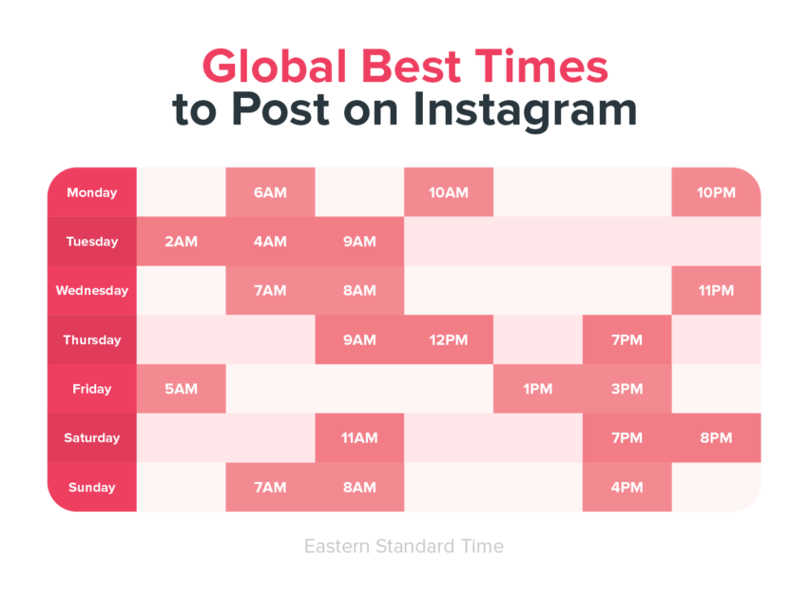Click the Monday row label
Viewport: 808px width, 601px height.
coord(91,192)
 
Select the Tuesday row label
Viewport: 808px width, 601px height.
coord(91,242)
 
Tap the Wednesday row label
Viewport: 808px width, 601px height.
coord(91,291)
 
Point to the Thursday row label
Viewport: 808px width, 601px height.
coord(91,339)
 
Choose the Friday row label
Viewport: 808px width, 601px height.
coord(91,389)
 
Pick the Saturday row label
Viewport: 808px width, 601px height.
coord(91,438)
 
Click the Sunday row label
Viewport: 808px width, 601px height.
coord(91,488)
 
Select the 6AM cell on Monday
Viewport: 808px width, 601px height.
coord(270,192)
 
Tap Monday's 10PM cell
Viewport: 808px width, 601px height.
coord(717,192)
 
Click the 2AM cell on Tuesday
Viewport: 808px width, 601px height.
coord(181,242)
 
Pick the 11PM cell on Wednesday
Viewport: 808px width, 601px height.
coord(717,291)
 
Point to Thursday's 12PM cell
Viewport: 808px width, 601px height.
coord(449,339)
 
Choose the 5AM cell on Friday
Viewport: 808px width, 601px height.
coord(181,389)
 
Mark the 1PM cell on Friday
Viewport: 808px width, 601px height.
coord(538,389)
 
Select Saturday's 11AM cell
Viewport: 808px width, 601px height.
coord(359,438)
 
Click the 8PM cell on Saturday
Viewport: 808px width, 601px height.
coord(717,438)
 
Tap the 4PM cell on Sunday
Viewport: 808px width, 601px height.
coord(627,488)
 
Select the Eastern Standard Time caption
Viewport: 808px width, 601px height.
coord(404,547)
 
